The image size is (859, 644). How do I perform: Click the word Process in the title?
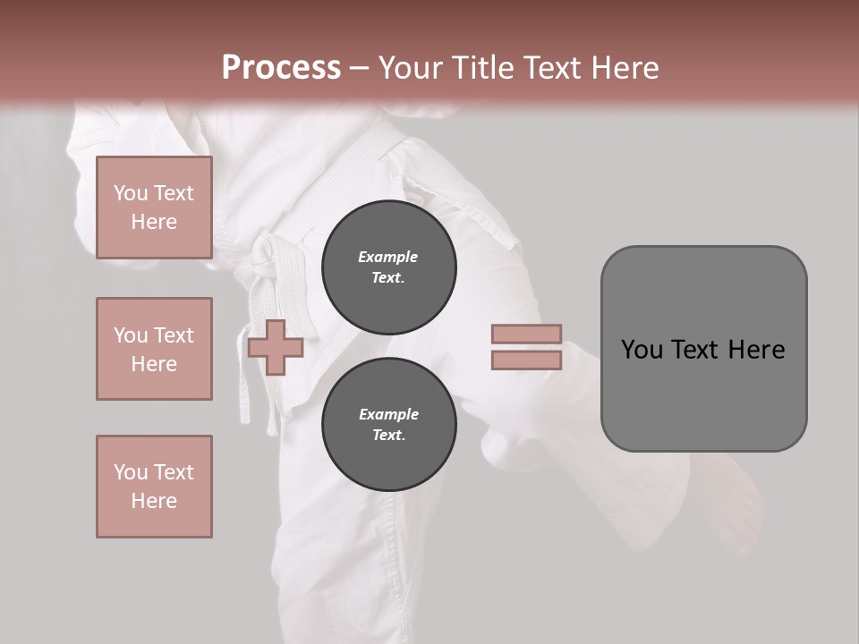(281, 68)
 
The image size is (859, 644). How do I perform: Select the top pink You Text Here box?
(154, 208)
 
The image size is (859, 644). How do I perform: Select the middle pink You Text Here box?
(154, 349)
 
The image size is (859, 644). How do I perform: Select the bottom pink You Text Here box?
(154, 487)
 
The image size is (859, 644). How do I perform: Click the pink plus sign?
(276, 347)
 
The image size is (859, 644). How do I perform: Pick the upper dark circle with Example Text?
(388, 267)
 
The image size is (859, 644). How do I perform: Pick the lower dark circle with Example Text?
(388, 425)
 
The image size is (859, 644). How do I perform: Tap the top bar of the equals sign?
(526, 334)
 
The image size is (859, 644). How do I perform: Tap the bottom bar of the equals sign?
(526, 360)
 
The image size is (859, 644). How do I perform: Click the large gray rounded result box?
(703, 394)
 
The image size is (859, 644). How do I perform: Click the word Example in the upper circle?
(388, 257)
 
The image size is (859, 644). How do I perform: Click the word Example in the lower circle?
(388, 414)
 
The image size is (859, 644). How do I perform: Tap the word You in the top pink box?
(129, 193)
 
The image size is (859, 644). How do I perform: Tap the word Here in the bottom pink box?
(154, 501)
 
